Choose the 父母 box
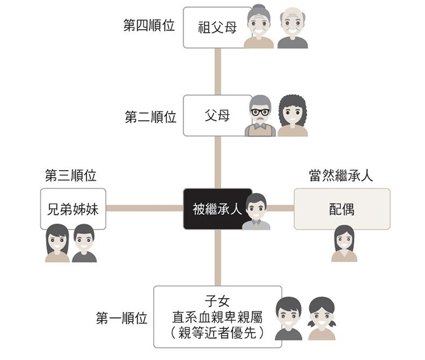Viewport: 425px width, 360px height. (x=217, y=115)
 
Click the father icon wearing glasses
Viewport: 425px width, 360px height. (x=260, y=116)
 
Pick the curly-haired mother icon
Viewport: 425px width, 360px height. (x=293, y=116)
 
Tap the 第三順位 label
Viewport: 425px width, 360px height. (x=71, y=176)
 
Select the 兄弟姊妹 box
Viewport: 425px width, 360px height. (x=73, y=209)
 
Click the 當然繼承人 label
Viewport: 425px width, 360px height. (x=341, y=176)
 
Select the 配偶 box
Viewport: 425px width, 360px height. (x=342, y=209)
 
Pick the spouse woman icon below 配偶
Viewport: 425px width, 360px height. (x=344, y=243)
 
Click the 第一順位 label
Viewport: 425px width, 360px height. (x=121, y=318)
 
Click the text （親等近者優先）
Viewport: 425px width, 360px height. (x=217, y=332)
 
